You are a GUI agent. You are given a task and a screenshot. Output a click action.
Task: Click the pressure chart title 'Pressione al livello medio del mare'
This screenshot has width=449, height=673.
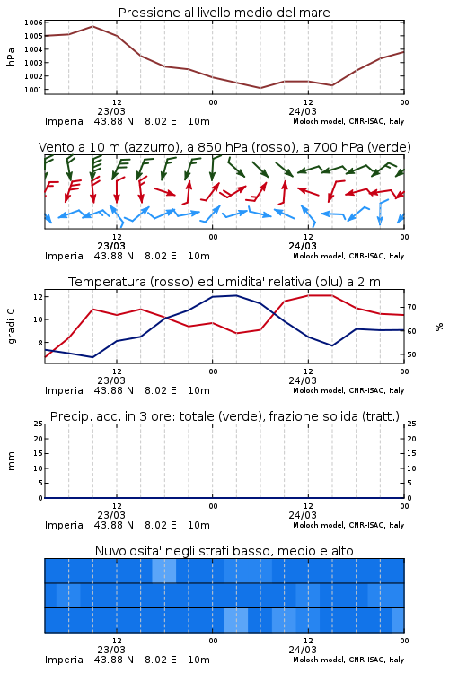point(224,13)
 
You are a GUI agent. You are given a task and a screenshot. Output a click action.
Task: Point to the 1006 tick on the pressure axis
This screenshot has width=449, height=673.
point(33,22)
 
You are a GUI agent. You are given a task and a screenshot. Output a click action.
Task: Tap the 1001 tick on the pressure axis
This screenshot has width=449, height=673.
point(33,90)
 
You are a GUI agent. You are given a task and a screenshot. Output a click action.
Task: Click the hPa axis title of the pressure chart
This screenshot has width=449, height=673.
point(11,57)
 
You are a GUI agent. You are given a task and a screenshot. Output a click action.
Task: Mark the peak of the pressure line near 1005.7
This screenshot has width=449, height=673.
point(92,26)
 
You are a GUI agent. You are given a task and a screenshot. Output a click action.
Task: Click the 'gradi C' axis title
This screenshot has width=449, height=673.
point(12,327)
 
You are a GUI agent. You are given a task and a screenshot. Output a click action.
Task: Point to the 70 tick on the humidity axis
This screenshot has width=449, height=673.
point(411,307)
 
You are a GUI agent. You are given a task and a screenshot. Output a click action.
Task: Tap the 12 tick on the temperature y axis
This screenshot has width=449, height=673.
point(38,297)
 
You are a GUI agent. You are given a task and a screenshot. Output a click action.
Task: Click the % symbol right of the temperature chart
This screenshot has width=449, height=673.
point(439,327)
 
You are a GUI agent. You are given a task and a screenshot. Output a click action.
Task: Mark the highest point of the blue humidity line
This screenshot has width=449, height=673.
point(236,295)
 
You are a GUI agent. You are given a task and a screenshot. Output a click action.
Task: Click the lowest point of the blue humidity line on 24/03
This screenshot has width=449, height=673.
point(331,345)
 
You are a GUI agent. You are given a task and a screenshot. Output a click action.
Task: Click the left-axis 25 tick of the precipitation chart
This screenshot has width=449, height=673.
point(38,424)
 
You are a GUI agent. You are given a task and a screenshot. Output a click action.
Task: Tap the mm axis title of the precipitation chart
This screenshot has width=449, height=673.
point(11,461)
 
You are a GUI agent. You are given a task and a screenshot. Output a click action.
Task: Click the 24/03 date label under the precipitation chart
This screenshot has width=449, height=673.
point(303,515)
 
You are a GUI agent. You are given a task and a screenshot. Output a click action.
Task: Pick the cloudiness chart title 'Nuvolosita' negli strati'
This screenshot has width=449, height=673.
point(163,551)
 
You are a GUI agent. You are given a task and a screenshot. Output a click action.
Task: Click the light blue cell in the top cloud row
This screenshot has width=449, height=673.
point(164,571)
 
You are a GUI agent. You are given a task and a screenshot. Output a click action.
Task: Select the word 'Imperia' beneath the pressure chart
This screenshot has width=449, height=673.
point(64,121)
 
